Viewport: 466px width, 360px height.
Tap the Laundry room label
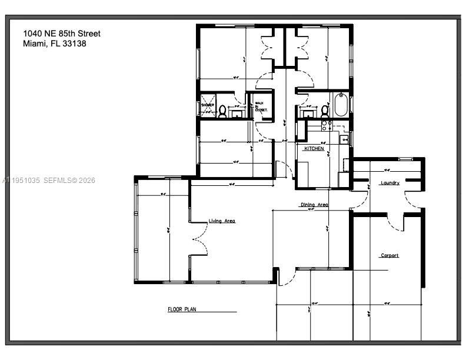[x=390, y=183]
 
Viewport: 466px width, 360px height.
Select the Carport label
[x=390, y=255]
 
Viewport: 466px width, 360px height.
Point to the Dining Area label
[x=314, y=205]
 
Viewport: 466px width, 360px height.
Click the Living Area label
[x=222, y=221]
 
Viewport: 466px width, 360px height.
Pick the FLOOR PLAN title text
[x=182, y=309]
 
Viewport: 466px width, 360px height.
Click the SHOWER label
[x=208, y=105]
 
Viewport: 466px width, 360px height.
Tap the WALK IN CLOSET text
[x=261, y=107]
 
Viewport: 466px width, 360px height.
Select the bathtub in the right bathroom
[x=340, y=105]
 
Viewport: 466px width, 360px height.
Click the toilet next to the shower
[x=223, y=111]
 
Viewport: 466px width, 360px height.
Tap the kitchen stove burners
[x=325, y=125]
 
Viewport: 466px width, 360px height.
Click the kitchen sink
[x=344, y=139]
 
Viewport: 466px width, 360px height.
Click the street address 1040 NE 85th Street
[x=62, y=34]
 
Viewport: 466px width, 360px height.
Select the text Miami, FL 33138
[x=55, y=44]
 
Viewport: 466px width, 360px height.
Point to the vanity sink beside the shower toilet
[x=237, y=112]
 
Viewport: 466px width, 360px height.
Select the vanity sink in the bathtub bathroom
[x=307, y=112]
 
